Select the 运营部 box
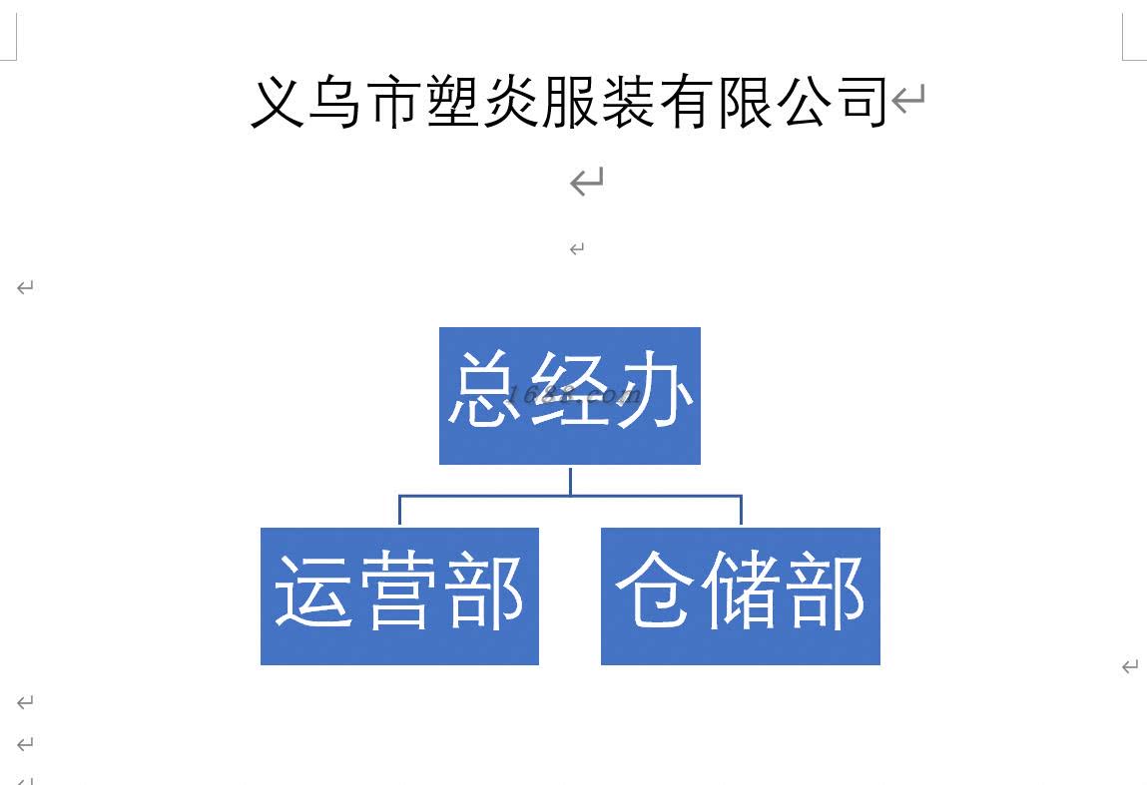(x=399, y=595)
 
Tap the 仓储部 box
(x=740, y=595)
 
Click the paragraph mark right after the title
(x=908, y=99)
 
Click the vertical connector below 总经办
(x=570, y=480)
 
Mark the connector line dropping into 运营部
(x=399, y=511)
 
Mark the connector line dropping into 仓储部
(x=741, y=511)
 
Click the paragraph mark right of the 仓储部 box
(x=1130, y=666)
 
